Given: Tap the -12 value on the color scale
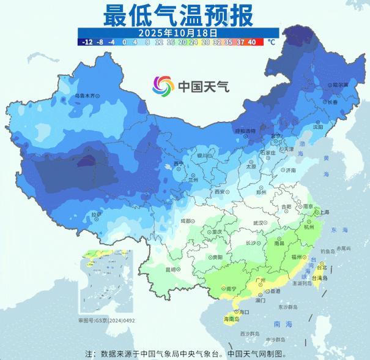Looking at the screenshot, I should pyautogui.click(x=86, y=42).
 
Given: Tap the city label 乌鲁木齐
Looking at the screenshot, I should pyautogui.click(x=85, y=96).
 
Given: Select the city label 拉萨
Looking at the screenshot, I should pyautogui.click(x=95, y=214).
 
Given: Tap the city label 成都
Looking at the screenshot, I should pyautogui.click(x=186, y=221).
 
